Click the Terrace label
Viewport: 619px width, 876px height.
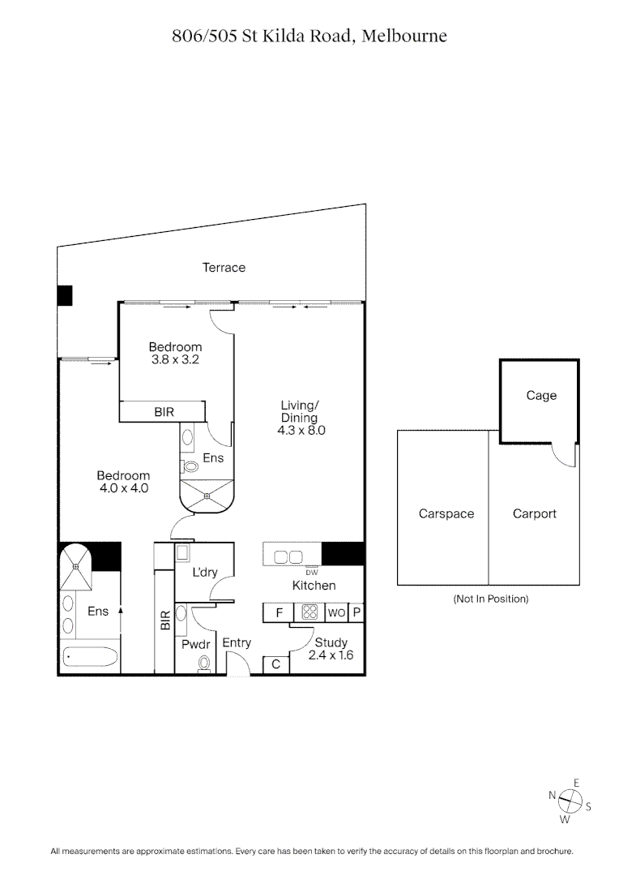224,268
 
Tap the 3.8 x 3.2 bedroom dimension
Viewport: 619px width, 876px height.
175,359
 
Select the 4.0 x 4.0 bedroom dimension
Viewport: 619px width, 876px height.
123,488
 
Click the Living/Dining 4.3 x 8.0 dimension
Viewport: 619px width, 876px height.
301,432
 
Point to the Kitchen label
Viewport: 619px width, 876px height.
314,586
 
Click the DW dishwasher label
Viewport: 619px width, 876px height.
312,572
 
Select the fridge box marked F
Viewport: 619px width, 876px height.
278,613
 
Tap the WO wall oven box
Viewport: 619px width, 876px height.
337,613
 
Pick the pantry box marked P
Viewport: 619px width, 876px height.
356,613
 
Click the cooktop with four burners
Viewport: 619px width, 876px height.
309,613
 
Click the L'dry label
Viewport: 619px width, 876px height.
204,573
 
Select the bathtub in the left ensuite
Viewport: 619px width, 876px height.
90,655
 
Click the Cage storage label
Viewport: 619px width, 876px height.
541,396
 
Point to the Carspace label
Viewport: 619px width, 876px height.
446,514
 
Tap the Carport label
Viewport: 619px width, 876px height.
535,514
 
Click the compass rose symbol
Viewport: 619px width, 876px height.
570,801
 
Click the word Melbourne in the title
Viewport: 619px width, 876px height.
403,36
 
